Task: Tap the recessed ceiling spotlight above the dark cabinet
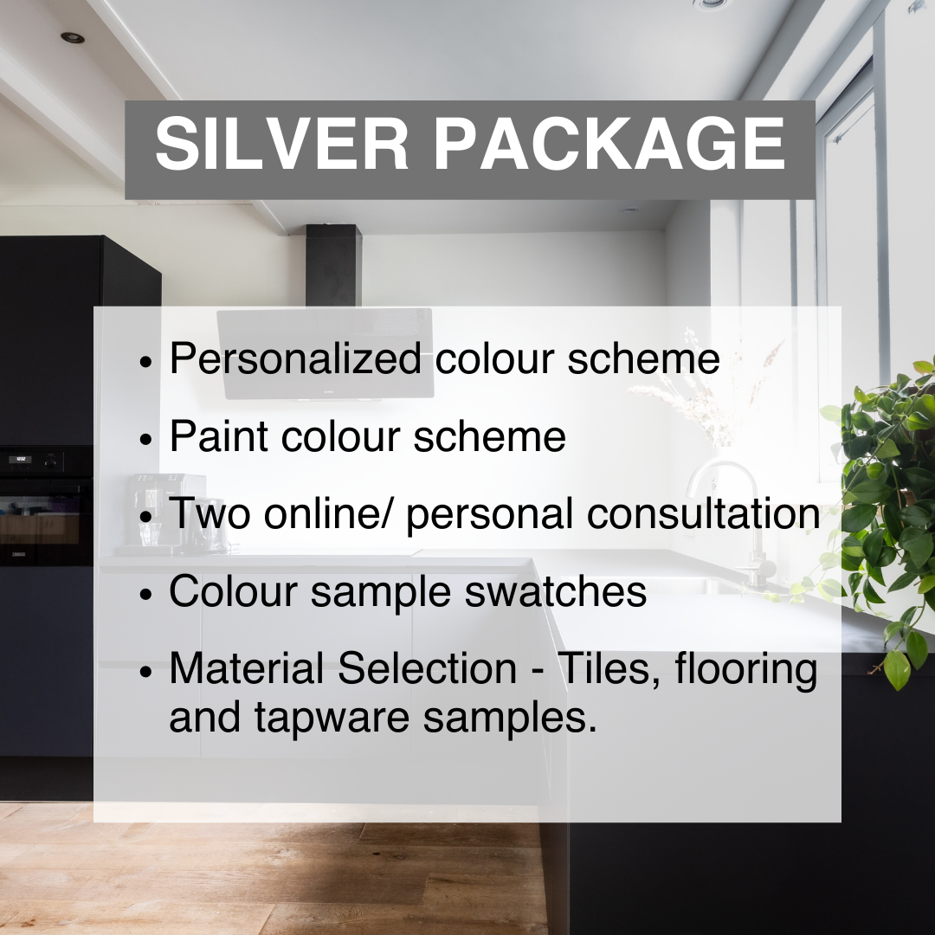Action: click(x=73, y=37)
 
